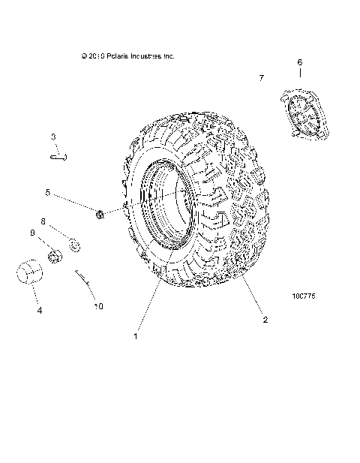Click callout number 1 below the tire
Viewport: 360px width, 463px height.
136,336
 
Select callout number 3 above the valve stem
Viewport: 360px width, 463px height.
53,137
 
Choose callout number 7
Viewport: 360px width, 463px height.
261,78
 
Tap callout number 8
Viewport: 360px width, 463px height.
43,222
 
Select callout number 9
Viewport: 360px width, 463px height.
32,233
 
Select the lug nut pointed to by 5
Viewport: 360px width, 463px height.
99,215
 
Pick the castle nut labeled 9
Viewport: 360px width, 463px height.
54,257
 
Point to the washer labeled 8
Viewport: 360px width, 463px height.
73,244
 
